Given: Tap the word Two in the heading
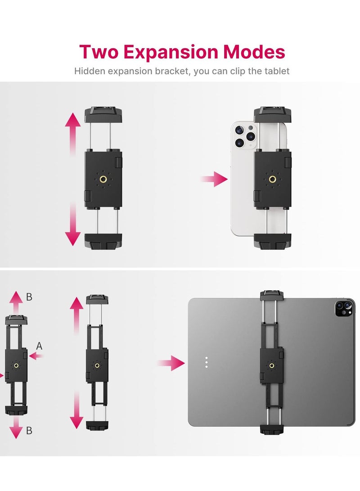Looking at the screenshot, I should (100, 52).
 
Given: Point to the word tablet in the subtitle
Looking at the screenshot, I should (276, 71).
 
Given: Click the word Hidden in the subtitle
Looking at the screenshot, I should (88, 71).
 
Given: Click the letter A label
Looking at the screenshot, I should (39, 346).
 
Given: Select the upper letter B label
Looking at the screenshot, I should (29, 297).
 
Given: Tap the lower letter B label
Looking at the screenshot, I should (29, 431).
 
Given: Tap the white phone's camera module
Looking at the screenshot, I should (245, 136).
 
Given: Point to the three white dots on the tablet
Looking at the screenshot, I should (206, 363).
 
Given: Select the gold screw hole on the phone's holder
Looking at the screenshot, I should (272, 179).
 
